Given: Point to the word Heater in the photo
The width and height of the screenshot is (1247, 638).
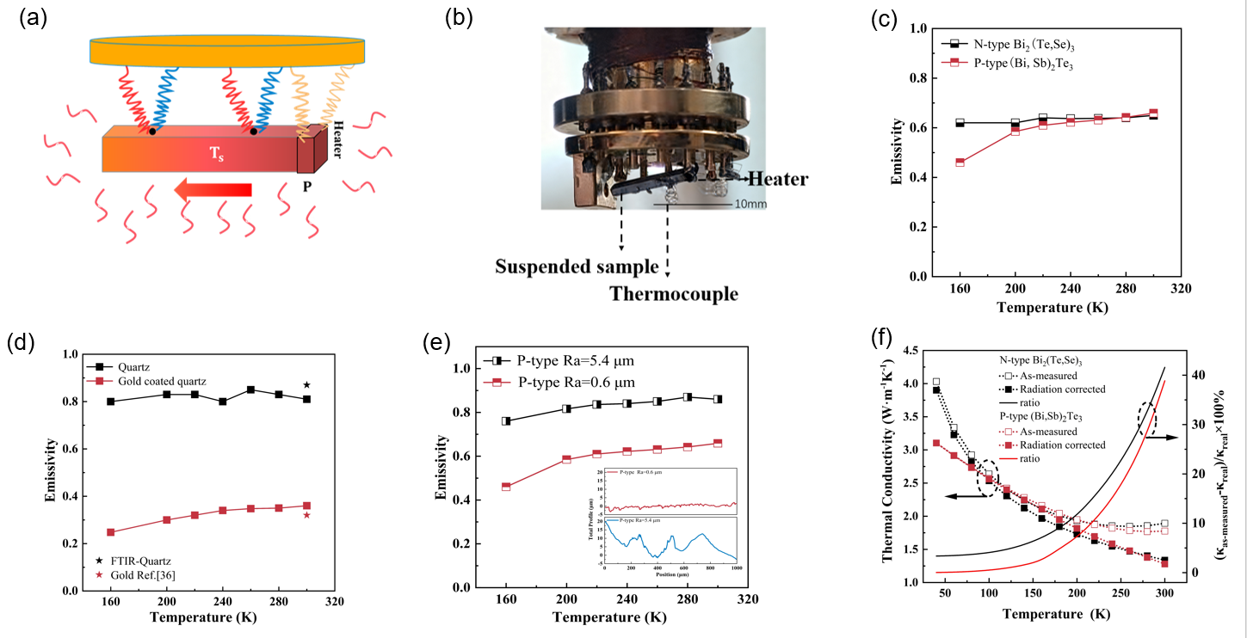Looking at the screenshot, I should pos(777,179).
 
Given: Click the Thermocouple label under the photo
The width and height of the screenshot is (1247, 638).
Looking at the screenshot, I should pos(674,294).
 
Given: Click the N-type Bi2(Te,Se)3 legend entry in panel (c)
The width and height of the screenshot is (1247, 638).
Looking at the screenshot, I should pos(1011,44).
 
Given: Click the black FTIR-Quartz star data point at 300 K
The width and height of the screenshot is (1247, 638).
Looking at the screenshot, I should pos(306,385).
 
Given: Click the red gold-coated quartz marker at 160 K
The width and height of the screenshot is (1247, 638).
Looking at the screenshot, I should pos(110,532).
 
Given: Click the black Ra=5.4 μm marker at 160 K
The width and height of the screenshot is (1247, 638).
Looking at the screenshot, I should pos(506,421).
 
